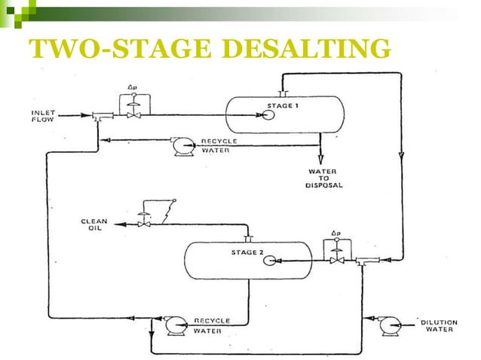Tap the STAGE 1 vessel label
coord(283,105)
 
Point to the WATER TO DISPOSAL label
coord(323,178)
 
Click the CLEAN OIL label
coord(94,224)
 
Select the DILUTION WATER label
coord(440,326)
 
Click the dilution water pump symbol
coord(390,324)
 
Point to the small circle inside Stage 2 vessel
coord(268,261)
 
